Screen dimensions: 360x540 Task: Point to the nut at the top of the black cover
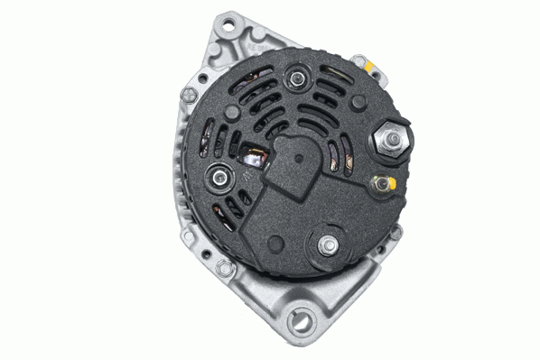[x=293, y=80]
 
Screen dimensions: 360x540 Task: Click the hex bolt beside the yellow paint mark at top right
[x=360, y=63]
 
